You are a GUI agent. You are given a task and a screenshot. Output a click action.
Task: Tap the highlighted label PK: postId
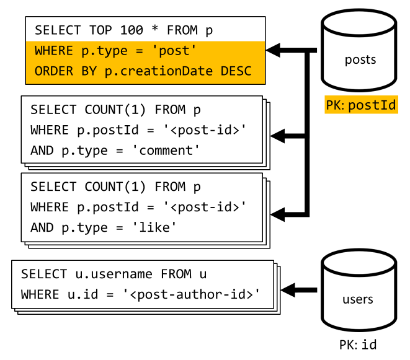[360, 105]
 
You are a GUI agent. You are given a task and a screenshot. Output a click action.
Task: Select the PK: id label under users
[357, 345]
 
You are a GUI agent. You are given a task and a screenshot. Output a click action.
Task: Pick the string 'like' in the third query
[156, 227]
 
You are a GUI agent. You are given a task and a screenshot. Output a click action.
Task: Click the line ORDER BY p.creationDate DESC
[143, 71]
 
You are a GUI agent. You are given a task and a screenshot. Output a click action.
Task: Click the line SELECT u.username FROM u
[113, 273]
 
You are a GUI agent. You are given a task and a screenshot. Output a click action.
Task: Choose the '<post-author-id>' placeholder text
[194, 293]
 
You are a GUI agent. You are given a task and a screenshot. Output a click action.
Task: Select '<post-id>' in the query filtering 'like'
[205, 207]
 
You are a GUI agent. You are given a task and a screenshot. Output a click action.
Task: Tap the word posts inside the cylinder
[360, 60]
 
